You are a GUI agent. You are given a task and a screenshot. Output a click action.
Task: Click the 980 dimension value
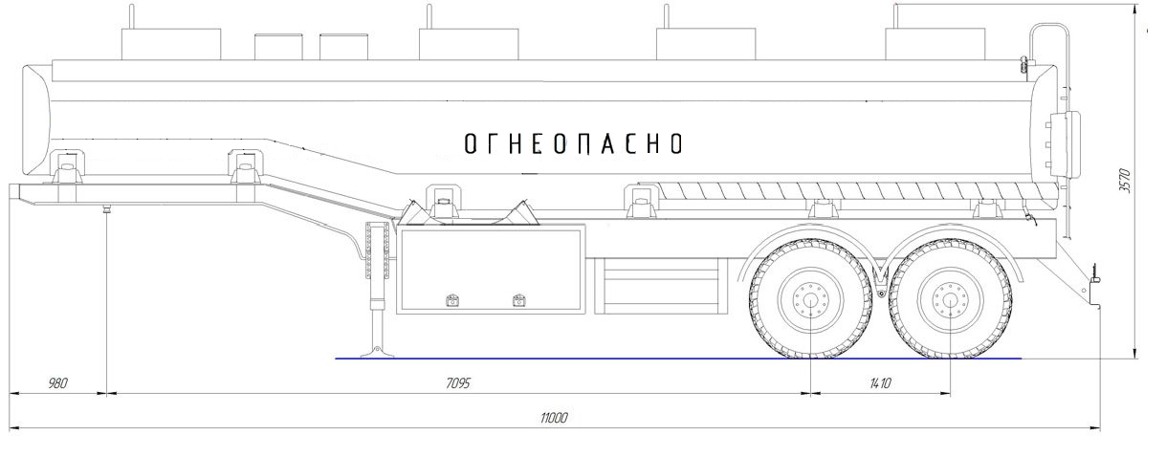pos(57,384)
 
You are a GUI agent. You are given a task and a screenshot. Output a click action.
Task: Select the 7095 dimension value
pos(458,384)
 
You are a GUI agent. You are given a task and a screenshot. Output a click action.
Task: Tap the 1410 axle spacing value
pos(880,384)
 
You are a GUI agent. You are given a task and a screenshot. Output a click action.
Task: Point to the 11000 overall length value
pos(554,418)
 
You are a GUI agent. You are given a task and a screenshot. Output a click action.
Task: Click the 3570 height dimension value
pos(1125,181)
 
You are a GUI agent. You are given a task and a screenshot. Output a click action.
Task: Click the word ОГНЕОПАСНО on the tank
pos(573,143)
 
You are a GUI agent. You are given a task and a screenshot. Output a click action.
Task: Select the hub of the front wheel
pos(810,300)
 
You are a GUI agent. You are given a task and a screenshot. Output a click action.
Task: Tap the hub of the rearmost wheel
pos(950,300)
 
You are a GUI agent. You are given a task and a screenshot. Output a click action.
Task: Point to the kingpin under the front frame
pos(106,209)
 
